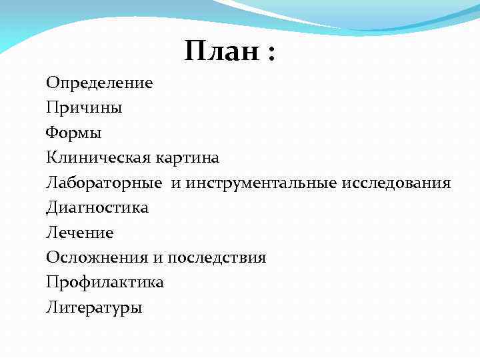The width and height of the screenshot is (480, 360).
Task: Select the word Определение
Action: click(x=99, y=83)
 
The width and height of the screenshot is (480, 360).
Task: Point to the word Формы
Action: click(x=74, y=133)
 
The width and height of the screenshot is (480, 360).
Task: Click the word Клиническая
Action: click(x=98, y=158)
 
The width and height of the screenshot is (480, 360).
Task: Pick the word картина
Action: click(x=187, y=158)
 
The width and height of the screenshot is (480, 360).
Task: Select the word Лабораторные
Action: click(x=105, y=183)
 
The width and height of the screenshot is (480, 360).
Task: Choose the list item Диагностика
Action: click(x=97, y=208)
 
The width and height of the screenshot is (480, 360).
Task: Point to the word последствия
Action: click(x=217, y=258)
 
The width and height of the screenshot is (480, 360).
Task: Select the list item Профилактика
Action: click(x=105, y=283)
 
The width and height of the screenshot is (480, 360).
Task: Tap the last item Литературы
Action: click(x=94, y=308)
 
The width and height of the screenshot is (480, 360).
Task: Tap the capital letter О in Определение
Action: click(x=51, y=83)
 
